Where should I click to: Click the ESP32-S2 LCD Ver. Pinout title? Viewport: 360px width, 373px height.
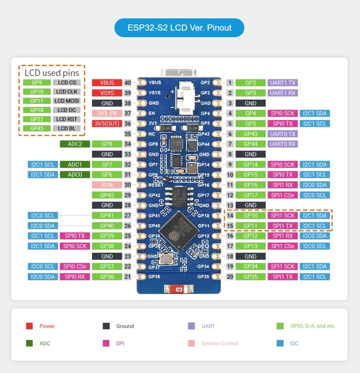click(179, 28)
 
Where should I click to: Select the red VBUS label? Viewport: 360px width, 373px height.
click(107, 82)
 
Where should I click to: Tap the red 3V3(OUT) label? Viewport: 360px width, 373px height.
click(107, 124)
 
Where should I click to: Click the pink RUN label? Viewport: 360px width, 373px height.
click(107, 185)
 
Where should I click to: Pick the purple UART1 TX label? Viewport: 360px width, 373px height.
click(282, 83)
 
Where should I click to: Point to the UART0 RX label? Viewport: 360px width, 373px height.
click(282, 144)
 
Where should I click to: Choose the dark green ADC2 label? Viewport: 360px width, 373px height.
click(75, 144)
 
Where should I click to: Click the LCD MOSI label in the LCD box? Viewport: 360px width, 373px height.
click(67, 101)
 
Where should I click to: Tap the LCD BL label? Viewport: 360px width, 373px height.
click(67, 128)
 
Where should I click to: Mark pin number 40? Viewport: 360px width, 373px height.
click(127, 83)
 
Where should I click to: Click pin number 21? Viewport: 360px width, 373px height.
click(127, 277)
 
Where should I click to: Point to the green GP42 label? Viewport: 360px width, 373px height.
click(107, 195)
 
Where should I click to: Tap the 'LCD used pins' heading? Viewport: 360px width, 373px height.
click(52, 73)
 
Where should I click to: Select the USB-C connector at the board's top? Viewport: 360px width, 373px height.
click(179, 73)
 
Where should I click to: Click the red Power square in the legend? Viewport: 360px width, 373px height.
click(29, 326)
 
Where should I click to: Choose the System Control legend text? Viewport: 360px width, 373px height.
click(220, 344)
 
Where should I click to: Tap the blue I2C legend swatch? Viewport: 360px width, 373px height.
click(280, 343)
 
